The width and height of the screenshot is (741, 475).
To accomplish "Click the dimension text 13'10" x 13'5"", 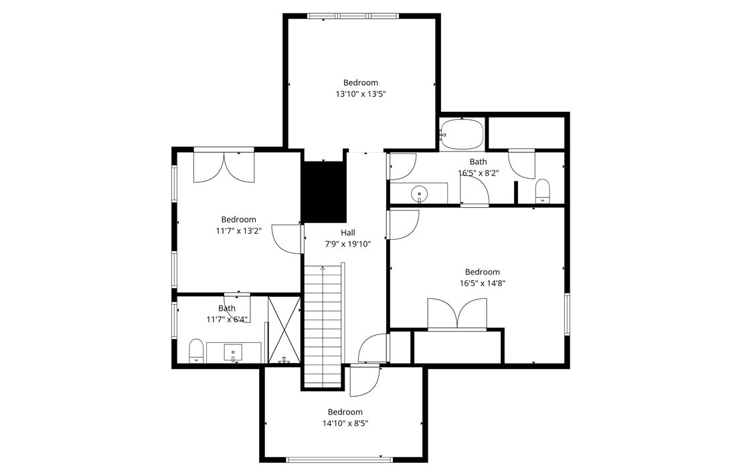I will point(361,94).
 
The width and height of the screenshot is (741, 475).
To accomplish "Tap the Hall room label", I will point(347,232).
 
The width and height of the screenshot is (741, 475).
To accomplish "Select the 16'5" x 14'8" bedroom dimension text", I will point(482,283).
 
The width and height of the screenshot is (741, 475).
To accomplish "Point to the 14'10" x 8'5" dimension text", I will point(345,423).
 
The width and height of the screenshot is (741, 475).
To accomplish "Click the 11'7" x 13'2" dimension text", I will point(238,230).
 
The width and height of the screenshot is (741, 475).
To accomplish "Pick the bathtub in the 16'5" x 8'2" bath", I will point(462,134).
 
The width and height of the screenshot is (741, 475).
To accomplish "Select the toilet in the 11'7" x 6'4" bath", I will point(196,350).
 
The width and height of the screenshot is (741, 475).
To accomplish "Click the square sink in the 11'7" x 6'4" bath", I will point(233,352).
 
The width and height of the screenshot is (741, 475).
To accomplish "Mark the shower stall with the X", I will point(284,329).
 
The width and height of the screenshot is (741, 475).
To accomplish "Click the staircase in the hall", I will point(324,324).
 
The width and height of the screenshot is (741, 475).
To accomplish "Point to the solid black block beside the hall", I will point(324,192).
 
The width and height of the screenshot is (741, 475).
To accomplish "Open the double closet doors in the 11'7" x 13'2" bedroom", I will point(224,167).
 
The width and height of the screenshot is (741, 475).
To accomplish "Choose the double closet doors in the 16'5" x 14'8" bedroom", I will point(458,314).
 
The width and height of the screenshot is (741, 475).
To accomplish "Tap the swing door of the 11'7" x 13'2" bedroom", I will point(289,239).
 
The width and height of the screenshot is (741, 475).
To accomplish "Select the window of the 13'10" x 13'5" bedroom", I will point(353,16).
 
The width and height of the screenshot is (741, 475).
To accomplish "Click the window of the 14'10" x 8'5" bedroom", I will point(339,459).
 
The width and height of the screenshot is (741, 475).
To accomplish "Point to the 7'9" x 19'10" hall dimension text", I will point(347,244).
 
